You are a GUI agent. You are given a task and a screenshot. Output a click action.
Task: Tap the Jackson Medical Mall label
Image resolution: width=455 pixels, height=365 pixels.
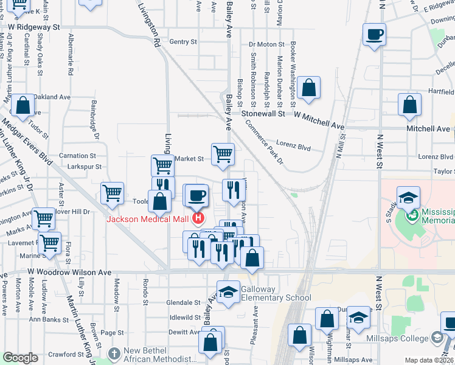click(x=148, y=220)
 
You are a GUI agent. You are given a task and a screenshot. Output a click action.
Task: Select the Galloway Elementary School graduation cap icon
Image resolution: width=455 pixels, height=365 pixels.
click(x=228, y=291)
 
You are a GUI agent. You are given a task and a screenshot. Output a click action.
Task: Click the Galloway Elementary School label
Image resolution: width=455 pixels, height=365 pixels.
click(x=276, y=293)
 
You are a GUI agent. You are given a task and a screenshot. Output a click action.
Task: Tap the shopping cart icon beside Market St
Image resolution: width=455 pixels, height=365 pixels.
click(x=223, y=153)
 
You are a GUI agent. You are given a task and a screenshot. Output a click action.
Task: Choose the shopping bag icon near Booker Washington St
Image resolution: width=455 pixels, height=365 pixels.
click(x=309, y=87)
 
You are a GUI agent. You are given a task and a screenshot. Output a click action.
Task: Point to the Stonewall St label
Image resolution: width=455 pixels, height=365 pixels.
click(x=263, y=114)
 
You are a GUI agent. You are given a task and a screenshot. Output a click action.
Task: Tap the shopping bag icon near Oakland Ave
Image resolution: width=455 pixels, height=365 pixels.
click(x=23, y=105)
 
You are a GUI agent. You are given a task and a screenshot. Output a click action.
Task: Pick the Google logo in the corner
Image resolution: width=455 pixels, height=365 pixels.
click(x=21, y=358)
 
